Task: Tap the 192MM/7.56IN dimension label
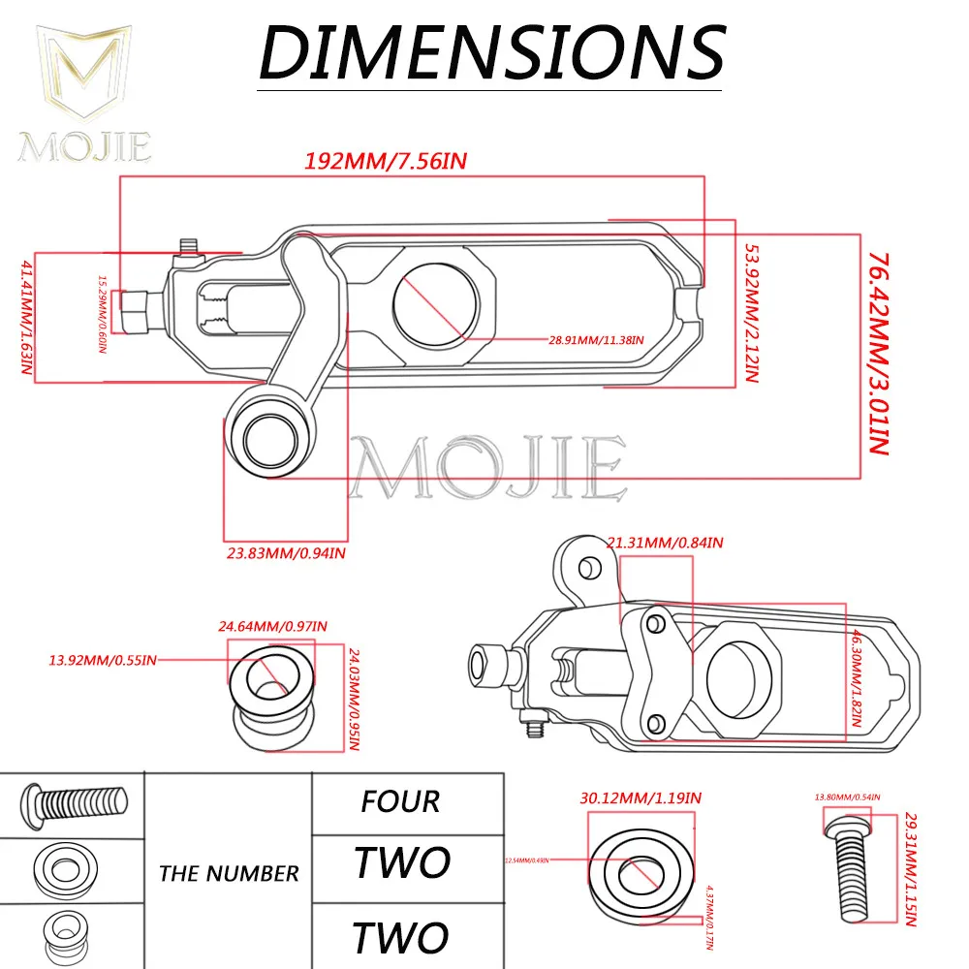(387, 161)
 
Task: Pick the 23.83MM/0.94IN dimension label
(281, 553)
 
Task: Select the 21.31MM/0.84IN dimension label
(666, 543)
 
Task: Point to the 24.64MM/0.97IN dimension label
(272, 625)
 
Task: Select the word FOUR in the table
(400, 801)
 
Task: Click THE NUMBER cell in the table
(229, 873)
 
